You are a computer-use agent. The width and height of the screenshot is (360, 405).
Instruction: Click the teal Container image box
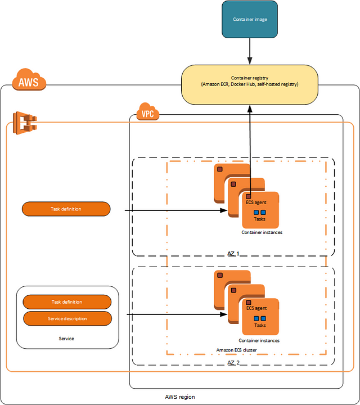(250, 19)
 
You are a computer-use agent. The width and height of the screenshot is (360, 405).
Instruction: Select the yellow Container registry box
(250, 85)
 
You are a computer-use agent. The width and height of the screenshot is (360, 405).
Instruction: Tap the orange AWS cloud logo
(29, 79)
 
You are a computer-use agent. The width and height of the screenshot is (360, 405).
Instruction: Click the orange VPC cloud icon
(148, 111)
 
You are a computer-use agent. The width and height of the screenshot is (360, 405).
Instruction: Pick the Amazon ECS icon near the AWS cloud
(25, 123)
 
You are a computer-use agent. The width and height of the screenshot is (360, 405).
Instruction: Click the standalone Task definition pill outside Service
(66, 209)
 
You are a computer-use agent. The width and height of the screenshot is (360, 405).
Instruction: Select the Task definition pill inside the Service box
(67, 302)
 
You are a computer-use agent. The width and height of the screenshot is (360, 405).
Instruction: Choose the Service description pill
(67, 318)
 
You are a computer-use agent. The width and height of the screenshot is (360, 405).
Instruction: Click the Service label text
(66, 339)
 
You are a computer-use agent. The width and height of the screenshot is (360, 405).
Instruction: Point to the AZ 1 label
(233, 253)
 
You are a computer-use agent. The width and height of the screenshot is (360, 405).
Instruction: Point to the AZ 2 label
(233, 363)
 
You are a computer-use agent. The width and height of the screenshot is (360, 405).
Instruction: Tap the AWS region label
(180, 397)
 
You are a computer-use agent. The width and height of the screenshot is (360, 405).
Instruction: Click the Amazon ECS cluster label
(237, 350)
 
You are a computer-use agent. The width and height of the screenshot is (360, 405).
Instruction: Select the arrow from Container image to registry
(250, 51)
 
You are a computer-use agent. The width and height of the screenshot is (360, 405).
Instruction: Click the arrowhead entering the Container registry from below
(250, 109)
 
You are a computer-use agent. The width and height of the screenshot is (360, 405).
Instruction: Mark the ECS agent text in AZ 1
(256, 202)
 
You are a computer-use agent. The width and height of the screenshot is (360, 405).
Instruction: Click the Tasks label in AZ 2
(260, 325)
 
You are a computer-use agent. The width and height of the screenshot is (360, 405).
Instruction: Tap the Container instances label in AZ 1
(262, 232)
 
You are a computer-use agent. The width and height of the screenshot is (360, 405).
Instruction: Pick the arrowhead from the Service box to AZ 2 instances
(224, 314)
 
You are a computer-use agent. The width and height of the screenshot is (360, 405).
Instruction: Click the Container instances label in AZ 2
(259, 341)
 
